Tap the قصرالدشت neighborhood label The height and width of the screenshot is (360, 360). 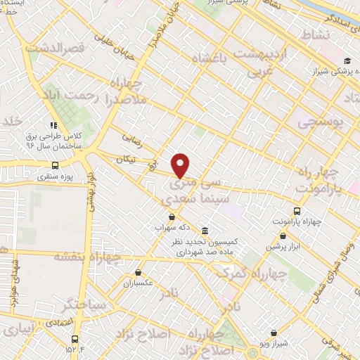(x=54, y=49)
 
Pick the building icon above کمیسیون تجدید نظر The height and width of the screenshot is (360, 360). (x=205, y=231)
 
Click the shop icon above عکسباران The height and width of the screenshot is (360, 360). (x=139, y=272)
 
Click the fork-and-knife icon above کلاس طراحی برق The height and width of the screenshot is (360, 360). (x=54, y=123)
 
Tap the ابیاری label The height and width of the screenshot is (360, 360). (x=18, y=330)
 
